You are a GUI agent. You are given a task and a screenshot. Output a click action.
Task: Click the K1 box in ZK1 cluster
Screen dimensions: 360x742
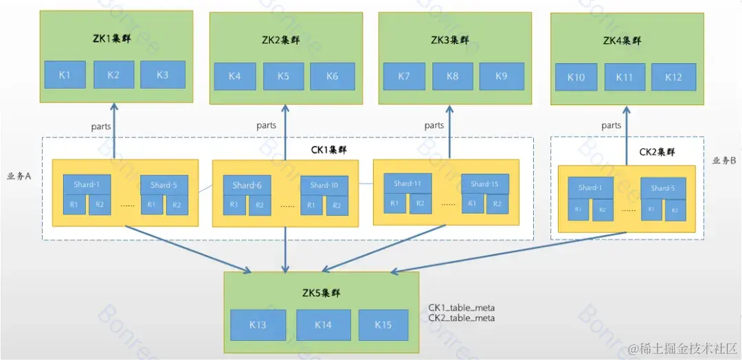pyautogui.click(x=65, y=74)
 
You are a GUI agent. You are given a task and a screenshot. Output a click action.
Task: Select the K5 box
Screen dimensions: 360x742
pyautogui.click(x=284, y=76)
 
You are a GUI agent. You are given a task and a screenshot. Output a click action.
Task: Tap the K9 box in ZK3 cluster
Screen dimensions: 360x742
pyautogui.click(x=502, y=76)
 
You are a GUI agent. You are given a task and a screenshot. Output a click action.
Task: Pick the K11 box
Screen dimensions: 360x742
pyautogui.click(x=625, y=77)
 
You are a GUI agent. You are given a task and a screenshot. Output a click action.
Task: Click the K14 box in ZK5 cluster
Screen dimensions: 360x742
pyautogui.click(x=323, y=325)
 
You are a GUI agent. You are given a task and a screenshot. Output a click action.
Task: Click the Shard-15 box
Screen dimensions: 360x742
pyautogui.click(x=485, y=183)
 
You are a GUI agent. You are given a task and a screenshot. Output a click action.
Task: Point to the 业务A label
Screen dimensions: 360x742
pyautogui.click(x=19, y=176)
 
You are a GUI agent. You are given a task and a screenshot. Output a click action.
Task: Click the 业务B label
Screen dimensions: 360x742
pyautogui.click(x=725, y=161)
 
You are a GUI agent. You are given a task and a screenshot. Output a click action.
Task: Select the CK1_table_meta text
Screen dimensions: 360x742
pyautogui.click(x=462, y=307)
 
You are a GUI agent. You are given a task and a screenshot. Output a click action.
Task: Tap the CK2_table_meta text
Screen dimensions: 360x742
pyautogui.click(x=462, y=318)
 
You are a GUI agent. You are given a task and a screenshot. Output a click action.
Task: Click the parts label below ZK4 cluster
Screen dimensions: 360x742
pyautogui.click(x=611, y=125)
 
